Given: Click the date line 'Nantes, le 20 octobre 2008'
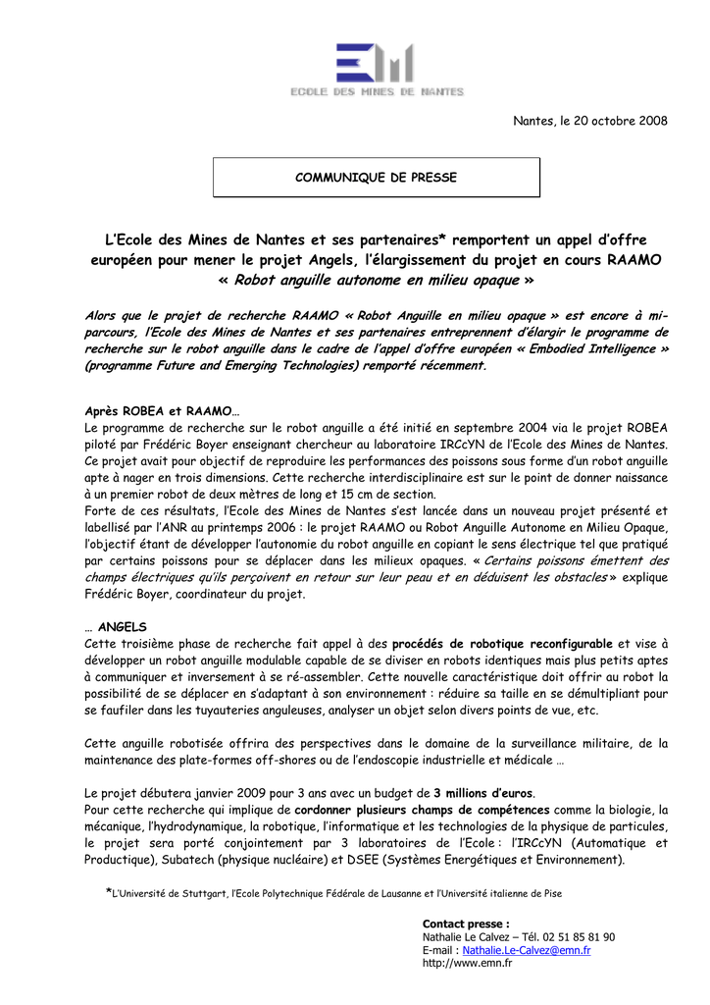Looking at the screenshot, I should point(590,121).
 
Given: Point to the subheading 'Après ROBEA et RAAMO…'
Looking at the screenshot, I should point(162,411).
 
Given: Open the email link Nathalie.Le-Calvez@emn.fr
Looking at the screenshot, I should point(527,950).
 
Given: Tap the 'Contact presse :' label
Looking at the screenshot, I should point(466,924).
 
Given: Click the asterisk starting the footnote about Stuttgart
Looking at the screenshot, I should point(109,891).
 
